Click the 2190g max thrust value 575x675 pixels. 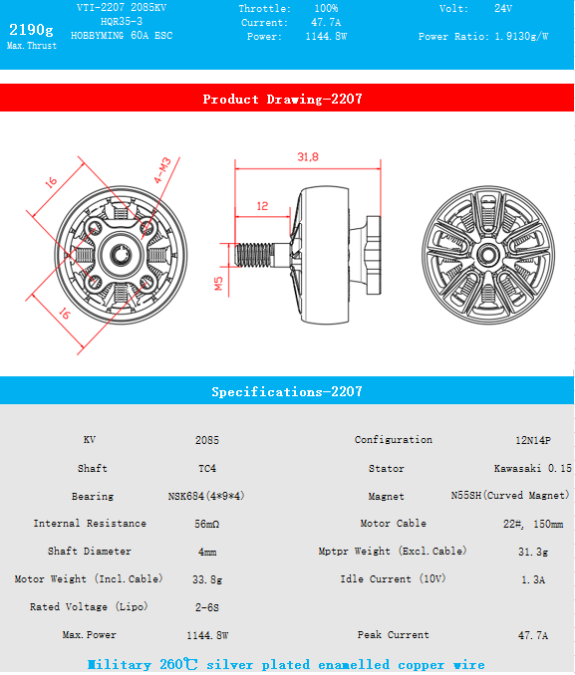(31, 28)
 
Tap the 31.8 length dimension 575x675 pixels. (307, 157)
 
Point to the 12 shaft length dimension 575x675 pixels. (262, 206)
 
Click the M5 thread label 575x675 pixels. (220, 285)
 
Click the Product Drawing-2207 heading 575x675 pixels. (282, 99)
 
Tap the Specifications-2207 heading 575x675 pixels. (286, 392)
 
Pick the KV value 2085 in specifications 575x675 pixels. (207, 440)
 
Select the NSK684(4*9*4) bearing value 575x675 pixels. (206, 496)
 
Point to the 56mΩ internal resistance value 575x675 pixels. (207, 524)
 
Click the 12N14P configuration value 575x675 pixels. (532, 440)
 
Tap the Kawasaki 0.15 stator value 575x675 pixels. (532, 468)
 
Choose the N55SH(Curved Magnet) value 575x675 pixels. (510, 496)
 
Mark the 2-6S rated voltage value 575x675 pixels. (207, 606)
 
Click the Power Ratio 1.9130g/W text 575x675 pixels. (483, 36)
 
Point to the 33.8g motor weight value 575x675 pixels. (207, 578)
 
